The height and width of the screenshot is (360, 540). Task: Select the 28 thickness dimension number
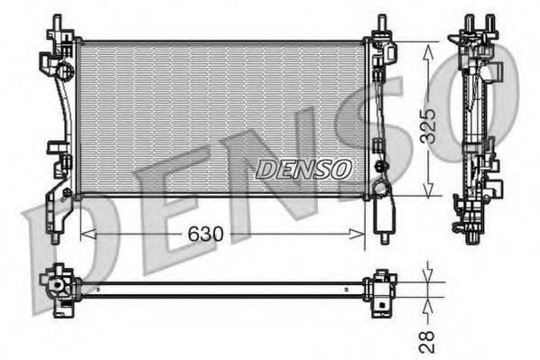[x=427, y=340]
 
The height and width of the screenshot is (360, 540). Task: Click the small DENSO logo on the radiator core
[x=303, y=168]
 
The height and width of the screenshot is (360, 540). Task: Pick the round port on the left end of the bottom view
[x=59, y=288]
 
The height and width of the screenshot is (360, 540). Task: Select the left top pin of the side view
[x=467, y=22]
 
